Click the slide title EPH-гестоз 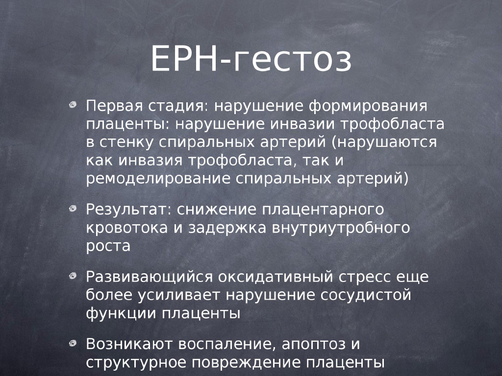pos(251,59)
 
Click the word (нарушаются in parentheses pos(384,142)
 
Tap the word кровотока pos(127,228)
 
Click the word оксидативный pos(276,277)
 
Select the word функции pos(121,313)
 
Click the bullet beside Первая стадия pos(73,105)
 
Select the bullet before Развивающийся pos(73,276)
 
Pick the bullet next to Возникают pos(73,343)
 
